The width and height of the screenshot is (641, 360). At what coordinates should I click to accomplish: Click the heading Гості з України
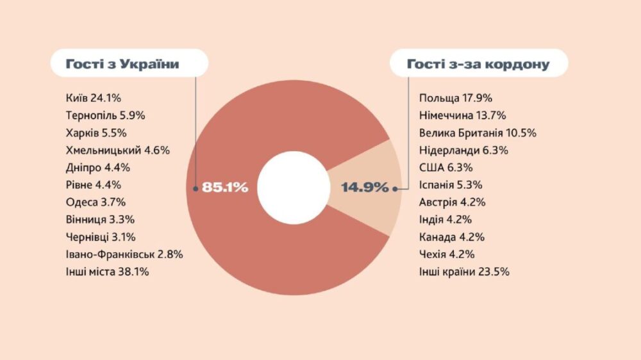[122, 64]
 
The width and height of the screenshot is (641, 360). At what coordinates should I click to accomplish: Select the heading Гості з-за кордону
[478, 64]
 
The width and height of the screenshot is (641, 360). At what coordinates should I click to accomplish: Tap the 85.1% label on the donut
[224, 188]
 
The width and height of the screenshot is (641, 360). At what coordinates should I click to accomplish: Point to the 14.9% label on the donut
[364, 188]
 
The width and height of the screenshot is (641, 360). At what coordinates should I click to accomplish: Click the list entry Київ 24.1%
[94, 99]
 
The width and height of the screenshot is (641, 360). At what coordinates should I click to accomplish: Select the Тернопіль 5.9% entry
[106, 116]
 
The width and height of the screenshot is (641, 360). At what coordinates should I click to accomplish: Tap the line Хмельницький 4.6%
[117, 151]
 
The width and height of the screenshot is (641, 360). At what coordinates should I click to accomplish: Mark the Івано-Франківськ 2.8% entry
[124, 254]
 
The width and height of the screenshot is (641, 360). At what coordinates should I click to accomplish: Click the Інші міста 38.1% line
[107, 272]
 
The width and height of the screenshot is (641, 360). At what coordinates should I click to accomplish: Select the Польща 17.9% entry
[456, 99]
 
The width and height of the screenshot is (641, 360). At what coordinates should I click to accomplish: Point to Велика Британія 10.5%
[478, 133]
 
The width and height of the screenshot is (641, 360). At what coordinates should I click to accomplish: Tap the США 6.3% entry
[446, 168]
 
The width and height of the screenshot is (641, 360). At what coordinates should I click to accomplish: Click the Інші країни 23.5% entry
[464, 272]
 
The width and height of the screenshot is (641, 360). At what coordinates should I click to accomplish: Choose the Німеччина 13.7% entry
[463, 116]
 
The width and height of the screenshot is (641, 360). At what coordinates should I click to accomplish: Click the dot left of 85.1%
[196, 188]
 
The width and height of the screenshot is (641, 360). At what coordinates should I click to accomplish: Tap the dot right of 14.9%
[395, 188]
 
